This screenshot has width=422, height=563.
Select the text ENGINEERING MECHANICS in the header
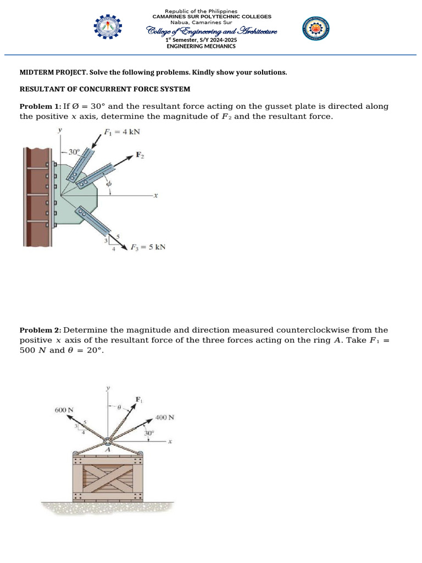click(x=201, y=46)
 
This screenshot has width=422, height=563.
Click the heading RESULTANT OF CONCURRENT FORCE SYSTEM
click(x=105, y=89)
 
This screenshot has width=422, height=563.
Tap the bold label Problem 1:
click(x=40, y=106)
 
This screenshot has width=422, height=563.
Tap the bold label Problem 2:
click(x=40, y=330)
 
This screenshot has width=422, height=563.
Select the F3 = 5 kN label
click(x=147, y=247)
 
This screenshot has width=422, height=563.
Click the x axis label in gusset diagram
click(x=156, y=195)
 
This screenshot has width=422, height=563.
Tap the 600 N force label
click(x=64, y=410)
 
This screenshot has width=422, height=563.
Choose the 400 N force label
click(x=165, y=417)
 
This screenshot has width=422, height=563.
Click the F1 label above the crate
click(x=138, y=400)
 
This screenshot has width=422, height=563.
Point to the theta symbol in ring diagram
click(x=118, y=408)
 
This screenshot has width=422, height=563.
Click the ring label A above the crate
click(x=107, y=450)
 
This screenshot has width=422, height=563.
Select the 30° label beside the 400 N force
click(x=148, y=433)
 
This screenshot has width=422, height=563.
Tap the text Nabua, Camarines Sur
click(x=201, y=22)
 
